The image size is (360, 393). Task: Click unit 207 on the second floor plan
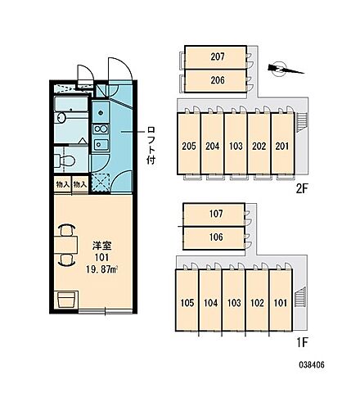click(216, 57)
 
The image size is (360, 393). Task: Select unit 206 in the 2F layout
click(216, 81)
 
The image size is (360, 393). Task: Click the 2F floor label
click(302, 188)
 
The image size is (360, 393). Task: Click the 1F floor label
click(302, 343)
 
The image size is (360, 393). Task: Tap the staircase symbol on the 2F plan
click(302, 122)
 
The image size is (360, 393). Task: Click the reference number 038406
click(312, 364)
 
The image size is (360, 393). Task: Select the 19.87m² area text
click(101, 269)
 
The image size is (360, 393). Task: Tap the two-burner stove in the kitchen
click(101, 129)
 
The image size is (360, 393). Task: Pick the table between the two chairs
click(66, 245)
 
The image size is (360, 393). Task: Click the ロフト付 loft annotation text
click(151, 145)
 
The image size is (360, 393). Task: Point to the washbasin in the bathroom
click(61, 118)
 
